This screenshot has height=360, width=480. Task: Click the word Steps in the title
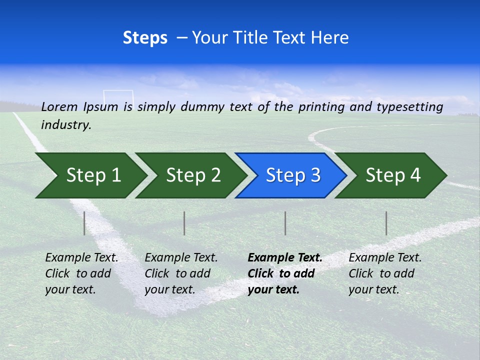point(145,38)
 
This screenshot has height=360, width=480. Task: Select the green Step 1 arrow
point(90,175)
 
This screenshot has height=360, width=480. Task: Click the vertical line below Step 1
point(84,223)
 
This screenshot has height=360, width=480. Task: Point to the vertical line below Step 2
point(184,223)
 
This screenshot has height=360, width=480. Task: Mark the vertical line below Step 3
point(285,223)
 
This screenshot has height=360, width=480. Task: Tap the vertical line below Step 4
point(386,223)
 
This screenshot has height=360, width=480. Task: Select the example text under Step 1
point(81,273)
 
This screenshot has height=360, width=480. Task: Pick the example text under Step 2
point(181,273)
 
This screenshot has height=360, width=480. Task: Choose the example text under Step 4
point(385,273)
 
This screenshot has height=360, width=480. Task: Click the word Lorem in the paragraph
point(59,106)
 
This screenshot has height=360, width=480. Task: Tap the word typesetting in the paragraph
point(409,107)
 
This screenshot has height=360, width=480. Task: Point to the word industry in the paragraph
point(66,125)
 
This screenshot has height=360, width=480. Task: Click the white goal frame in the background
point(118,95)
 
